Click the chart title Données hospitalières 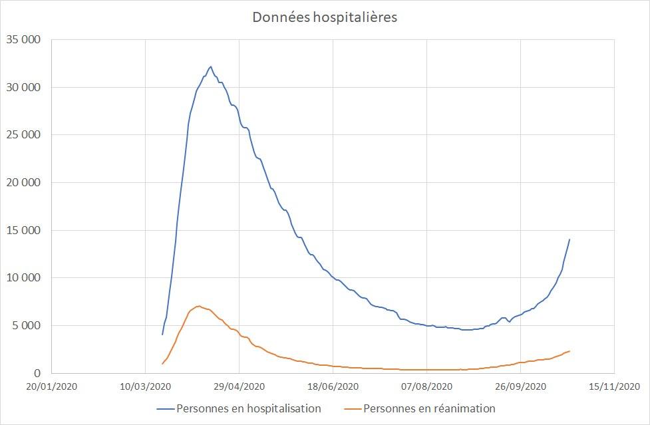tap(325, 17)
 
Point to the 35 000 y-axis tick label tap(24, 39)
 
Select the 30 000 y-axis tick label tap(24, 87)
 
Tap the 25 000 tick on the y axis tap(24, 135)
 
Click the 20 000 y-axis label tap(24, 182)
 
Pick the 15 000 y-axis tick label tap(24, 230)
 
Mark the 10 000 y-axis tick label tap(24, 278)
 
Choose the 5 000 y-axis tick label tap(27, 325)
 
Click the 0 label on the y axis tap(38, 373)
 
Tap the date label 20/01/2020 tap(51, 386)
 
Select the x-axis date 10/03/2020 tap(145, 386)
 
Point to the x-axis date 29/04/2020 tap(239, 386)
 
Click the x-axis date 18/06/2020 tap(333, 386)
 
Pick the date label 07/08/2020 tap(426, 386)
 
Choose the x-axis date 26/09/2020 tap(520, 386)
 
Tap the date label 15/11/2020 tap(614, 386)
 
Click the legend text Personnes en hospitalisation tap(249, 408)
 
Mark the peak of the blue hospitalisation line tap(211, 67)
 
